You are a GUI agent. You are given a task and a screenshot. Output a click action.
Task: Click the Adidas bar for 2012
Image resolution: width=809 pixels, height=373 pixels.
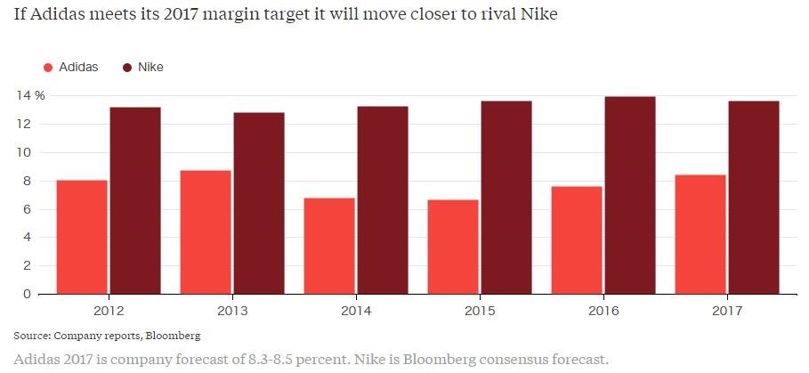tap(82, 237)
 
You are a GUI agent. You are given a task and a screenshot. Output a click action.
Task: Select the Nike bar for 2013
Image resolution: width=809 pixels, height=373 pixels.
tap(259, 203)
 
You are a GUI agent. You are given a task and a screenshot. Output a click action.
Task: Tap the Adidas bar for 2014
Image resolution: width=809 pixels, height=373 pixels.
tap(329, 246)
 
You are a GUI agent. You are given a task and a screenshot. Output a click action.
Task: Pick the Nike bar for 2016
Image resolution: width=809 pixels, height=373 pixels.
tap(630, 195)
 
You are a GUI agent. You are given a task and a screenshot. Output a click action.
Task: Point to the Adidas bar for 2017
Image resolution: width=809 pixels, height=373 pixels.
tap(700, 234)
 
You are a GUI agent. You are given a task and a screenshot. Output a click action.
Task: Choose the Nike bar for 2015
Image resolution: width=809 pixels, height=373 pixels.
tap(506, 197)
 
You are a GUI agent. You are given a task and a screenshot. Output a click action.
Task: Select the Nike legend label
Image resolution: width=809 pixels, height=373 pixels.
tap(150, 67)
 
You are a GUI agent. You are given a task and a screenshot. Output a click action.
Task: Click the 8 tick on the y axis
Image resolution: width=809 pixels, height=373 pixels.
tap(28, 181)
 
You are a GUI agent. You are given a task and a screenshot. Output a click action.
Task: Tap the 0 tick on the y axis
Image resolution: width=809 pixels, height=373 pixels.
tap(28, 294)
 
